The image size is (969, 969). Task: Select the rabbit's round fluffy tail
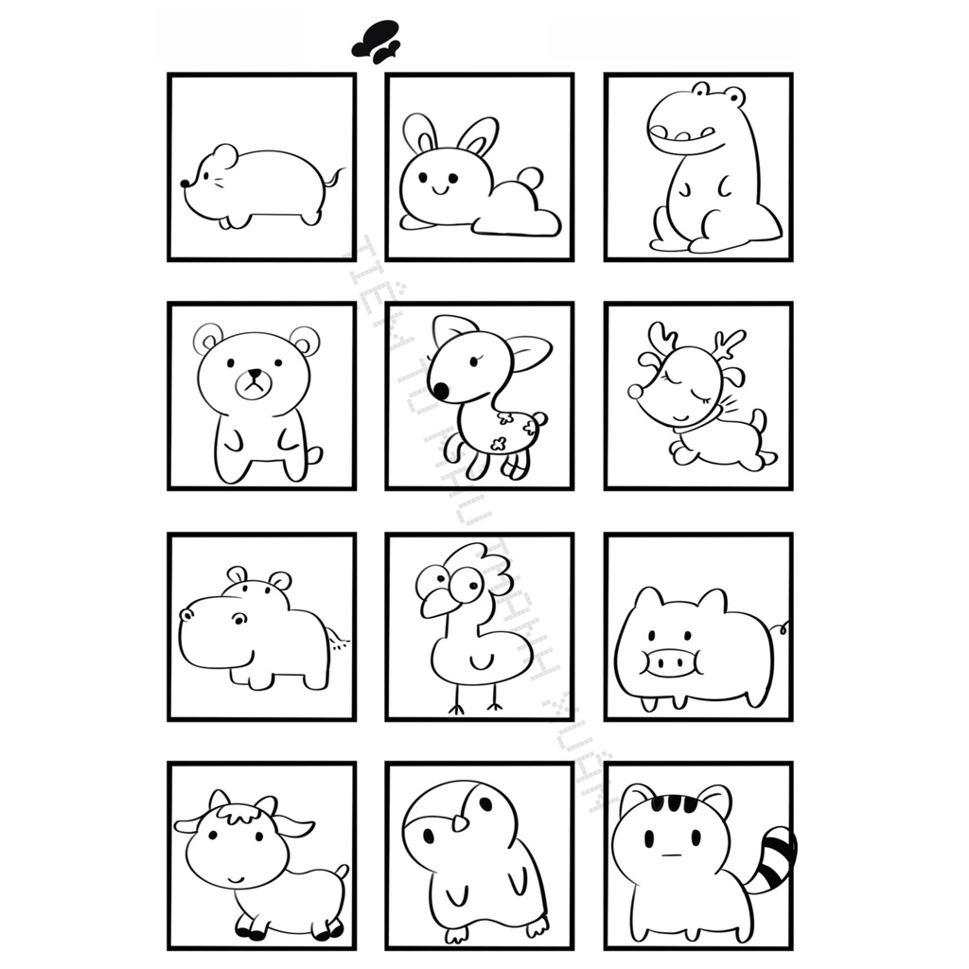(x=530, y=179)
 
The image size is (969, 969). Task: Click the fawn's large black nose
(x=439, y=389)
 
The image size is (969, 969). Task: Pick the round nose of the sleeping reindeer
(x=635, y=391)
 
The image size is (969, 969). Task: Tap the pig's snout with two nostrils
(x=672, y=661)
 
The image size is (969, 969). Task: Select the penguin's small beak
(x=459, y=820)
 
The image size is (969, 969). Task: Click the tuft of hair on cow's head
(x=236, y=813)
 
